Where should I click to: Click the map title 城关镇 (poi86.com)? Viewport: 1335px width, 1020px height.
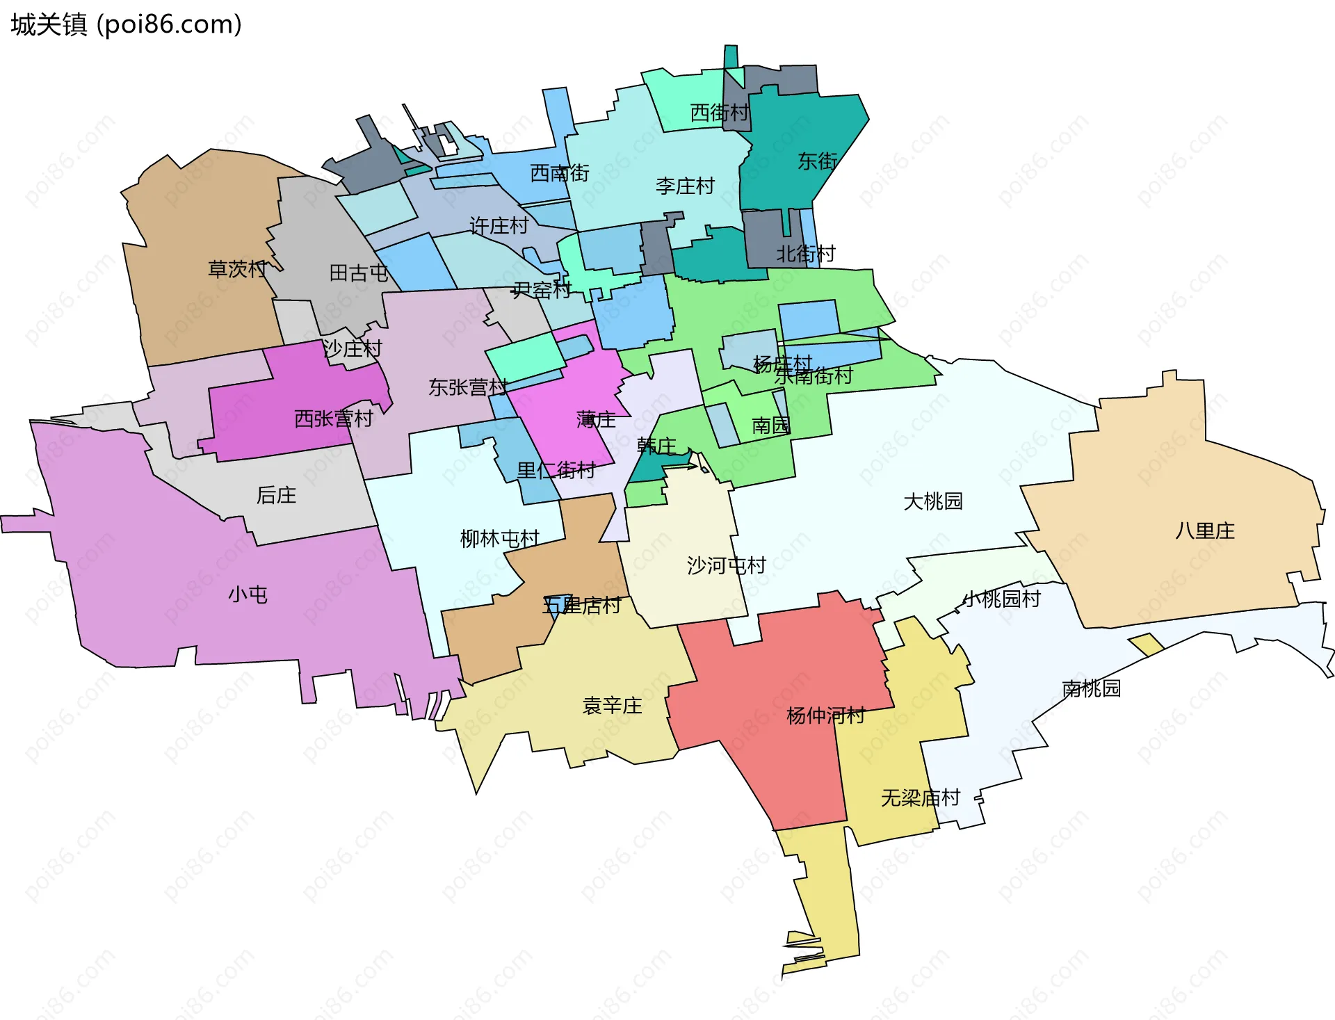(x=126, y=25)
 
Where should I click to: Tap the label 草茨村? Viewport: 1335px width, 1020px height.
(x=237, y=269)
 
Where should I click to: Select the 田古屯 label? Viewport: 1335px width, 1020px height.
(x=358, y=273)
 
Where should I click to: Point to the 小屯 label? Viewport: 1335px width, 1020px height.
(x=248, y=595)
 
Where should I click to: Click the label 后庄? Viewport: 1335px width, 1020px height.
(x=276, y=495)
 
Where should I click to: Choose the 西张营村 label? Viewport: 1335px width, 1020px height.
(x=334, y=419)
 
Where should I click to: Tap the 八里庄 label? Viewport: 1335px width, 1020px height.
(x=1204, y=531)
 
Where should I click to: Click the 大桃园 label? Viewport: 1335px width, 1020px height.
(x=932, y=501)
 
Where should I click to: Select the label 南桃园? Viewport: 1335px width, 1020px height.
(x=1091, y=689)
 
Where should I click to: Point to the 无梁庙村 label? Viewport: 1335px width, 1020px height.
(x=920, y=798)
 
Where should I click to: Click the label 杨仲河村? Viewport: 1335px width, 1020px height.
(x=825, y=715)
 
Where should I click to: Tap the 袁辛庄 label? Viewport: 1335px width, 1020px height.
(x=612, y=706)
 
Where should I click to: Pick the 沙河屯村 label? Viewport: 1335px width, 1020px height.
(x=726, y=566)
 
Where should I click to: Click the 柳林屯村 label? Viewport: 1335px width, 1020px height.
(x=499, y=539)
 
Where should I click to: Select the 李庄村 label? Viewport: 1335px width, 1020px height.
(x=685, y=186)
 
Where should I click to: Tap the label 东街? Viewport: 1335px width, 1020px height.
(x=817, y=161)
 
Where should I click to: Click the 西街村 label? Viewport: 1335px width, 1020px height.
(x=719, y=113)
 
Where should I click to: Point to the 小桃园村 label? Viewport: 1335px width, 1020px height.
(x=1001, y=599)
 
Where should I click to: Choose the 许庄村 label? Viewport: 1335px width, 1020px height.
(x=499, y=226)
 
